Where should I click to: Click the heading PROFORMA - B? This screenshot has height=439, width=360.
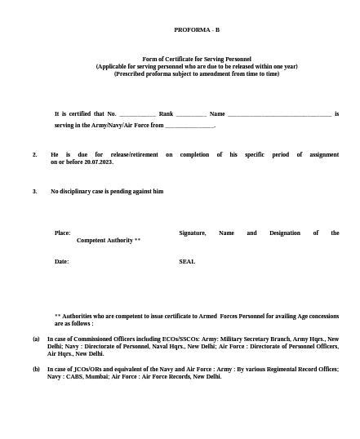point(197,29)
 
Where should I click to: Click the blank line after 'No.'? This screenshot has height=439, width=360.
point(137,114)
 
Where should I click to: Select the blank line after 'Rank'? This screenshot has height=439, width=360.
point(191,114)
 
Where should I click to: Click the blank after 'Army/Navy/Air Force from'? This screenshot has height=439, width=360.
point(189,126)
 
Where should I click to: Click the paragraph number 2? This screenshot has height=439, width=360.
point(35,154)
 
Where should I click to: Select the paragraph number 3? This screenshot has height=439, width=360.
point(35,191)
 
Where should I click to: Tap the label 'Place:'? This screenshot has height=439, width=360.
point(62,233)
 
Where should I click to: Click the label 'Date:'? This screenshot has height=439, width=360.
point(61,261)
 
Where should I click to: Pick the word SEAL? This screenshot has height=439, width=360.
point(187,261)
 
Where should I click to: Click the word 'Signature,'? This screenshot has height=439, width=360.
point(193,233)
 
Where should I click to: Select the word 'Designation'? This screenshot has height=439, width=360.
point(285,233)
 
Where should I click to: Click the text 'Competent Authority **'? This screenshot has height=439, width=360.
point(109,241)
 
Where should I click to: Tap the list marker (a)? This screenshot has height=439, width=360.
point(36,338)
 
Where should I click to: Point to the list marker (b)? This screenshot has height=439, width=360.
point(36,369)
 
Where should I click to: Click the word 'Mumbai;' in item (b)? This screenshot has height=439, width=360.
point(96,376)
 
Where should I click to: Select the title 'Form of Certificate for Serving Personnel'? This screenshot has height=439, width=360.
point(197,59)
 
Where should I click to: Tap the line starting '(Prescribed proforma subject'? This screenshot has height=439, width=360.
point(197,73)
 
